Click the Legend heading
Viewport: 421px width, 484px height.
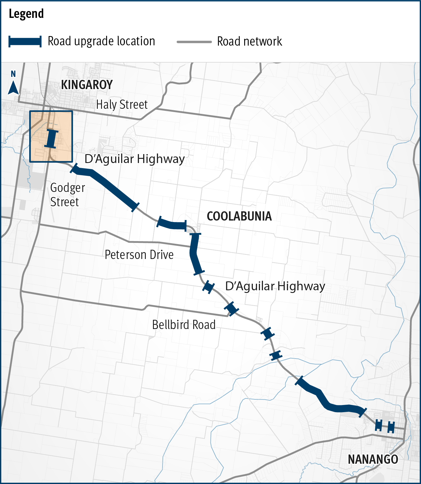coord(26,14)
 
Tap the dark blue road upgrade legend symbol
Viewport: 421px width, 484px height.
coord(25,41)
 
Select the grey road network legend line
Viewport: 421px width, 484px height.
coord(194,42)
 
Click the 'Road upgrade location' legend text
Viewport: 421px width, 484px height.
coord(101,41)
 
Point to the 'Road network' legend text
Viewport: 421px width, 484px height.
coord(249,41)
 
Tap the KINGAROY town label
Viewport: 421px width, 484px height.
coord(87,85)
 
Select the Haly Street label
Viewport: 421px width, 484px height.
coord(122,105)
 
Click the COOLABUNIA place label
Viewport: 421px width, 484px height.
coord(239,216)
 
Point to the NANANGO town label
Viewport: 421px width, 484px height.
coord(373,459)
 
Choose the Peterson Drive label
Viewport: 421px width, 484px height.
coord(139,255)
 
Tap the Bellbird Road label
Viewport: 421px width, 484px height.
coord(184,325)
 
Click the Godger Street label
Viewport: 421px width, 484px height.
coord(67,195)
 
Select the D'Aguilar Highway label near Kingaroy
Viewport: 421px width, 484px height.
coord(134,159)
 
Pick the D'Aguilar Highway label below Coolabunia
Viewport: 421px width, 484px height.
coord(275,286)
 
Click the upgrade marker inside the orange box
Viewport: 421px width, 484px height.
coord(51,139)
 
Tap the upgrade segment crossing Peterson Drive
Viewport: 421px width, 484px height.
coord(196,253)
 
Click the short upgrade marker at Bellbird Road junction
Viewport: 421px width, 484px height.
coord(231,308)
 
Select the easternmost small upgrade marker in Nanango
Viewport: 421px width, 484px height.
coord(391,427)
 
